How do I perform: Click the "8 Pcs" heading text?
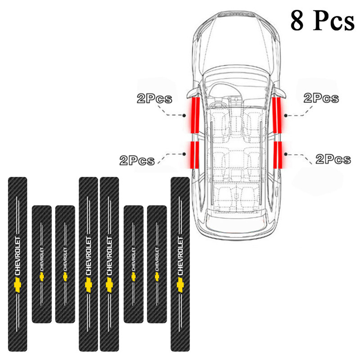(x=322, y=20)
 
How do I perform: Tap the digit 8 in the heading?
(x=298, y=20)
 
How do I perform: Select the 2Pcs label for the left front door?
(x=154, y=99)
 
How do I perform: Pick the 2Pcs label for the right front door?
(x=321, y=98)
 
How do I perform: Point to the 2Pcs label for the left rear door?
(x=137, y=160)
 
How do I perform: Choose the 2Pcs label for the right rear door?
(x=333, y=158)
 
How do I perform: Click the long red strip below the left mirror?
(x=194, y=115)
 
